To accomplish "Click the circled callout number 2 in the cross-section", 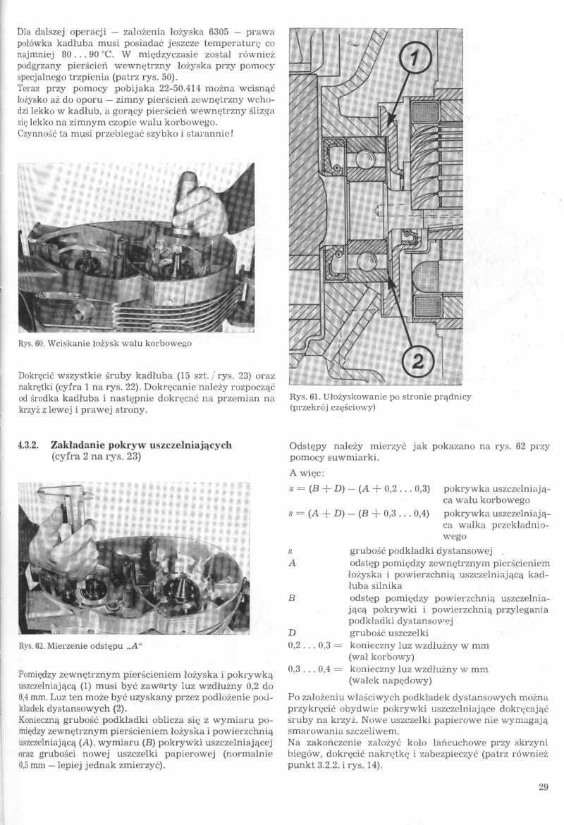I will (416, 364).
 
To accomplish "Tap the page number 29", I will (543, 788).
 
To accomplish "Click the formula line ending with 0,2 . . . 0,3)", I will (360, 488).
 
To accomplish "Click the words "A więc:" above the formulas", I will (307, 473).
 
